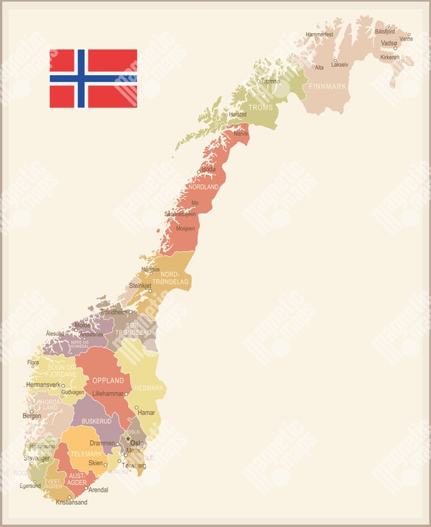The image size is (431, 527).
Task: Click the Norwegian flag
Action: [x=93, y=78]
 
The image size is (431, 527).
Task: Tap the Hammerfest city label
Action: [x=319, y=34]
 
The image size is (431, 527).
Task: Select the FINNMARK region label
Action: [x=328, y=87]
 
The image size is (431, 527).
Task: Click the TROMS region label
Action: [x=261, y=108]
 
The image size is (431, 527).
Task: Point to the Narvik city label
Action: [x=241, y=134]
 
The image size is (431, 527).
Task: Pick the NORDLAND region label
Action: [x=203, y=187]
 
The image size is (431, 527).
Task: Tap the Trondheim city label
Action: [x=114, y=312]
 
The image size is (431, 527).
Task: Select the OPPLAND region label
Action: [x=108, y=380]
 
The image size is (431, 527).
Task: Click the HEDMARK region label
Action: [x=149, y=388]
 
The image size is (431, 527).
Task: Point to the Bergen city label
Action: [x=32, y=416]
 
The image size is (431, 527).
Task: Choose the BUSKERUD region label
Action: [x=96, y=421]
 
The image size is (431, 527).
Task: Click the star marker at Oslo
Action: [x=127, y=438]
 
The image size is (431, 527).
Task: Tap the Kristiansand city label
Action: [x=72, y=503]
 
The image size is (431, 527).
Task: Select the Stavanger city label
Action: [x=36, y=457]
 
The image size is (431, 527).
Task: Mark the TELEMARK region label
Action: [x=85, y=454]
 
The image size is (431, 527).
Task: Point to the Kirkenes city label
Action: [x=390, y=57]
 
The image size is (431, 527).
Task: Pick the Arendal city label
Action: [x=98, y=490]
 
